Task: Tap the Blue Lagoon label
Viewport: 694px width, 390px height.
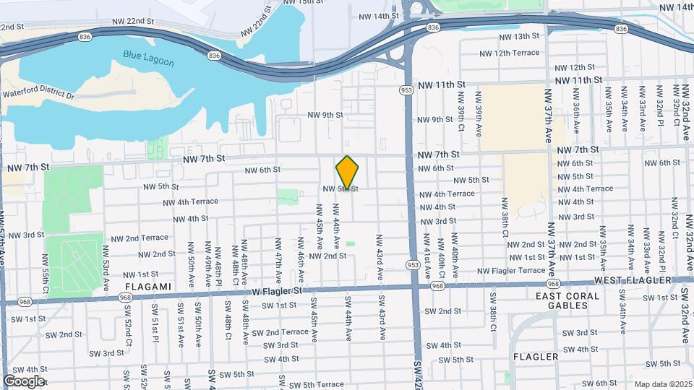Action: (145, 55)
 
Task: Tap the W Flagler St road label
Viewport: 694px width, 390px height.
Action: (273, 291)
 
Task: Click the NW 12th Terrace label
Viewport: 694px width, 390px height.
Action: (510, 53)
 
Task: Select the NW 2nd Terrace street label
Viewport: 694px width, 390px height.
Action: (139, 238)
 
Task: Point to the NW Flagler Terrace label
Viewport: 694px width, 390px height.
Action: (511, 271)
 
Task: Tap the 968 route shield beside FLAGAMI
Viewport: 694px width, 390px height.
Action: (125, 297)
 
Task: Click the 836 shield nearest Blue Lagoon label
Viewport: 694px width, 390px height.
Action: (213, 55)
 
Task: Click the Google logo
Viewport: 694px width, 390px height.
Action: (24, 381)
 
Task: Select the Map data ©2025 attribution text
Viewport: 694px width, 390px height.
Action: (662, 384)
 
